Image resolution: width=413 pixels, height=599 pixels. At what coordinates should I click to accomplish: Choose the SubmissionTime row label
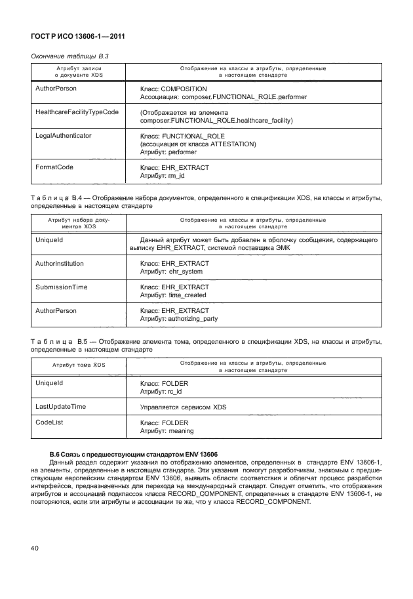tap(61, 287)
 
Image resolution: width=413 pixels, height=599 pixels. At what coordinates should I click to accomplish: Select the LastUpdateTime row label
tap(60, 407)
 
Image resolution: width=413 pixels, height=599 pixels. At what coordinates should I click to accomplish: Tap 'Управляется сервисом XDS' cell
tap(184, 407)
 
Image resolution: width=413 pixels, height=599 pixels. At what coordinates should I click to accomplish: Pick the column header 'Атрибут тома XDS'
tap(77, 365)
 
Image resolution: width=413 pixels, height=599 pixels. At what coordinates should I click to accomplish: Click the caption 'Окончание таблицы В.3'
tap(70, 56)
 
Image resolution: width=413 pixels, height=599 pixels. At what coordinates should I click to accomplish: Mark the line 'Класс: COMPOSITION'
tap(174, 89)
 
